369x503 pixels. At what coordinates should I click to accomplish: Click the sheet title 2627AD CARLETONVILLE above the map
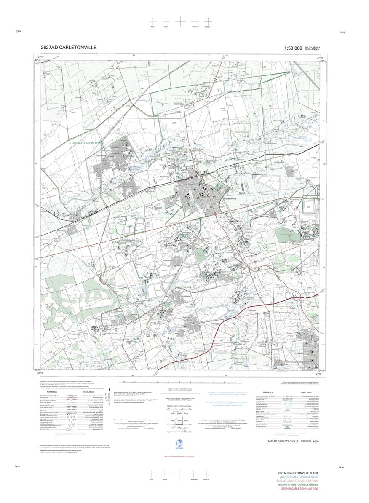68,48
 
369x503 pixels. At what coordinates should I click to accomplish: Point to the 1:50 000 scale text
293,48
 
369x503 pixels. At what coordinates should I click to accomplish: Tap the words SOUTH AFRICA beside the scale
312,47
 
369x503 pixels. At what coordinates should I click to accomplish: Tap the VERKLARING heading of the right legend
306,391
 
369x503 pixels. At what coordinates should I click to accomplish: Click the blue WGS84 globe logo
177,444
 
